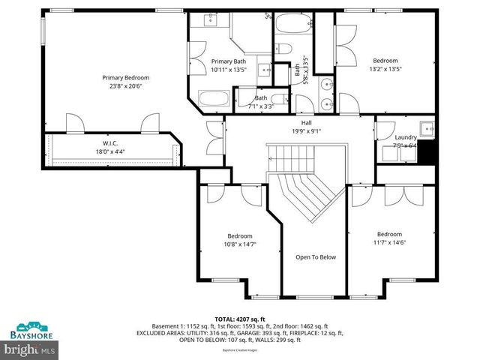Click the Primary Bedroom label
pyautogui.click(x=126, y=77)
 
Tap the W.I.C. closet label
pyautogui.click(x=112, y=143)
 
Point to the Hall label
pyautogui.click(x=306, y=122)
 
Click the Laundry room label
pyautogui.click(x=405, y=137)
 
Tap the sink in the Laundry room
pyautogui.click(x=427, y=128)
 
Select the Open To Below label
pyautogui.click(x=316, y=257)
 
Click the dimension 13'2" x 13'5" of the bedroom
pyautogui.click(x=385, y=70)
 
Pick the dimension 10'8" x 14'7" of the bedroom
pyautogui.click(x=240, y=244)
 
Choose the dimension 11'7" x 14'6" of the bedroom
pyautogui.click(x=389, y=243)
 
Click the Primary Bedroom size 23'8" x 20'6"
pyautogui.click(x=126, y=86)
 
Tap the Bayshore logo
pyautogui.click(x=30, y=328)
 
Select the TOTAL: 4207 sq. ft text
pyautogui.click(x=239, y=319)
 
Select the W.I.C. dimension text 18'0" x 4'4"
pyautogui.click(x=112, y=151)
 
